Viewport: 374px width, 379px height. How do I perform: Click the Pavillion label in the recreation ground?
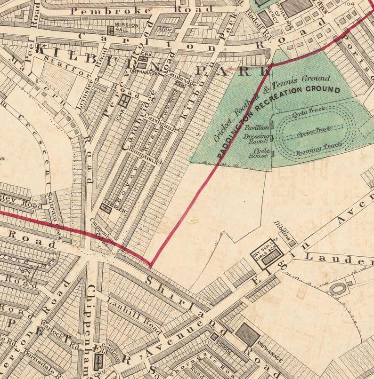point(257,127)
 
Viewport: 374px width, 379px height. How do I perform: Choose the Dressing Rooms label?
point(257,139)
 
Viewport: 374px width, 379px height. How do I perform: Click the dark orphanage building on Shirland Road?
point(247,334)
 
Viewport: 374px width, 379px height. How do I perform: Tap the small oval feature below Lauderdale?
point(338,289)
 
